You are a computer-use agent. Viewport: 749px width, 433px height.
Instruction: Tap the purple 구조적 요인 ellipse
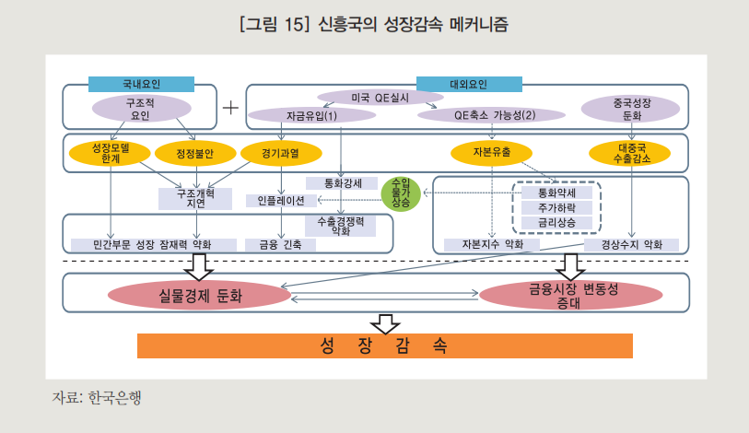pyautogui.click(x=139, y=109)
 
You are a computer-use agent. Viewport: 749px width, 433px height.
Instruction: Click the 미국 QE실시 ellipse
pyautogui.click(x=380, y=97)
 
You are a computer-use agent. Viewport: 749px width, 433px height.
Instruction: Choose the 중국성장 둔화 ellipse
pyautogui.click(x=631, y=110)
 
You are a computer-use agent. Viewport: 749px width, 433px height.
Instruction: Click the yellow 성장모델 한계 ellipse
pyautogui.click(x=111, y=153)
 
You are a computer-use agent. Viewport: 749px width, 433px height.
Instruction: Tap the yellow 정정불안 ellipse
pyautogui.click(x=195, y=153)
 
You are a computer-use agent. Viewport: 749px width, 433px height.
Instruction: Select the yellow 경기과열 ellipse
pyautogui.click(x=280, y=152)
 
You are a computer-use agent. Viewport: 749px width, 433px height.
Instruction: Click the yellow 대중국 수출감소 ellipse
pyautogui.click(x=631, y=153)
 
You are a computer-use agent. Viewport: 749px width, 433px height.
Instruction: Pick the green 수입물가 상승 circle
pyautogui.click(x=401, y=192)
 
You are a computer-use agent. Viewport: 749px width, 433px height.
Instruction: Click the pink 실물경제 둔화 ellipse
pyautogui.click(x=199, y=295)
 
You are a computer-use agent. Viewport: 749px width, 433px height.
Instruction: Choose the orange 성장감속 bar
pyautogui.click(x=384, y=345)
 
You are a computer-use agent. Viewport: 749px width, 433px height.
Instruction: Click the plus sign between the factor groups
pyautogui.click(x=230, y=106)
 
